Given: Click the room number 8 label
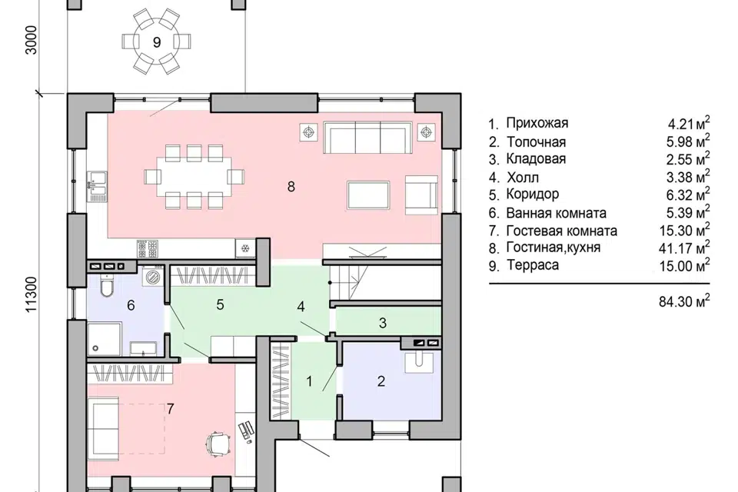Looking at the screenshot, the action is point(291,187).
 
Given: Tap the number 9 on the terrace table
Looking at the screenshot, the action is point(157,42).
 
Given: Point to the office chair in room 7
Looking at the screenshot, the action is point(218,444).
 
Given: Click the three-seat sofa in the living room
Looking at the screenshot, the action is point(367,138).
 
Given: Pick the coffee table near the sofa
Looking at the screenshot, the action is point(368,195).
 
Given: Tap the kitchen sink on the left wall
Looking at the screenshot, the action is point(97,187).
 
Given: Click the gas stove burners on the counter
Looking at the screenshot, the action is point(148,249).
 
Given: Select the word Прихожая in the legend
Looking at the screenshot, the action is point(537,123).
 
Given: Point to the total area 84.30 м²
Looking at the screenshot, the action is point(684,301).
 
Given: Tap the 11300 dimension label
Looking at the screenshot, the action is point(31,294).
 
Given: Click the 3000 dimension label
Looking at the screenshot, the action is point(31,40).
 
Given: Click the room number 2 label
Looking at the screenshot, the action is point(381,381).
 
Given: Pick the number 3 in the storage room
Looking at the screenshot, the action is point(383,323).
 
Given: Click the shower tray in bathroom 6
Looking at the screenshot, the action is point(105,339).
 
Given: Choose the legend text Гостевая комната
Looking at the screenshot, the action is point(561,231).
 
